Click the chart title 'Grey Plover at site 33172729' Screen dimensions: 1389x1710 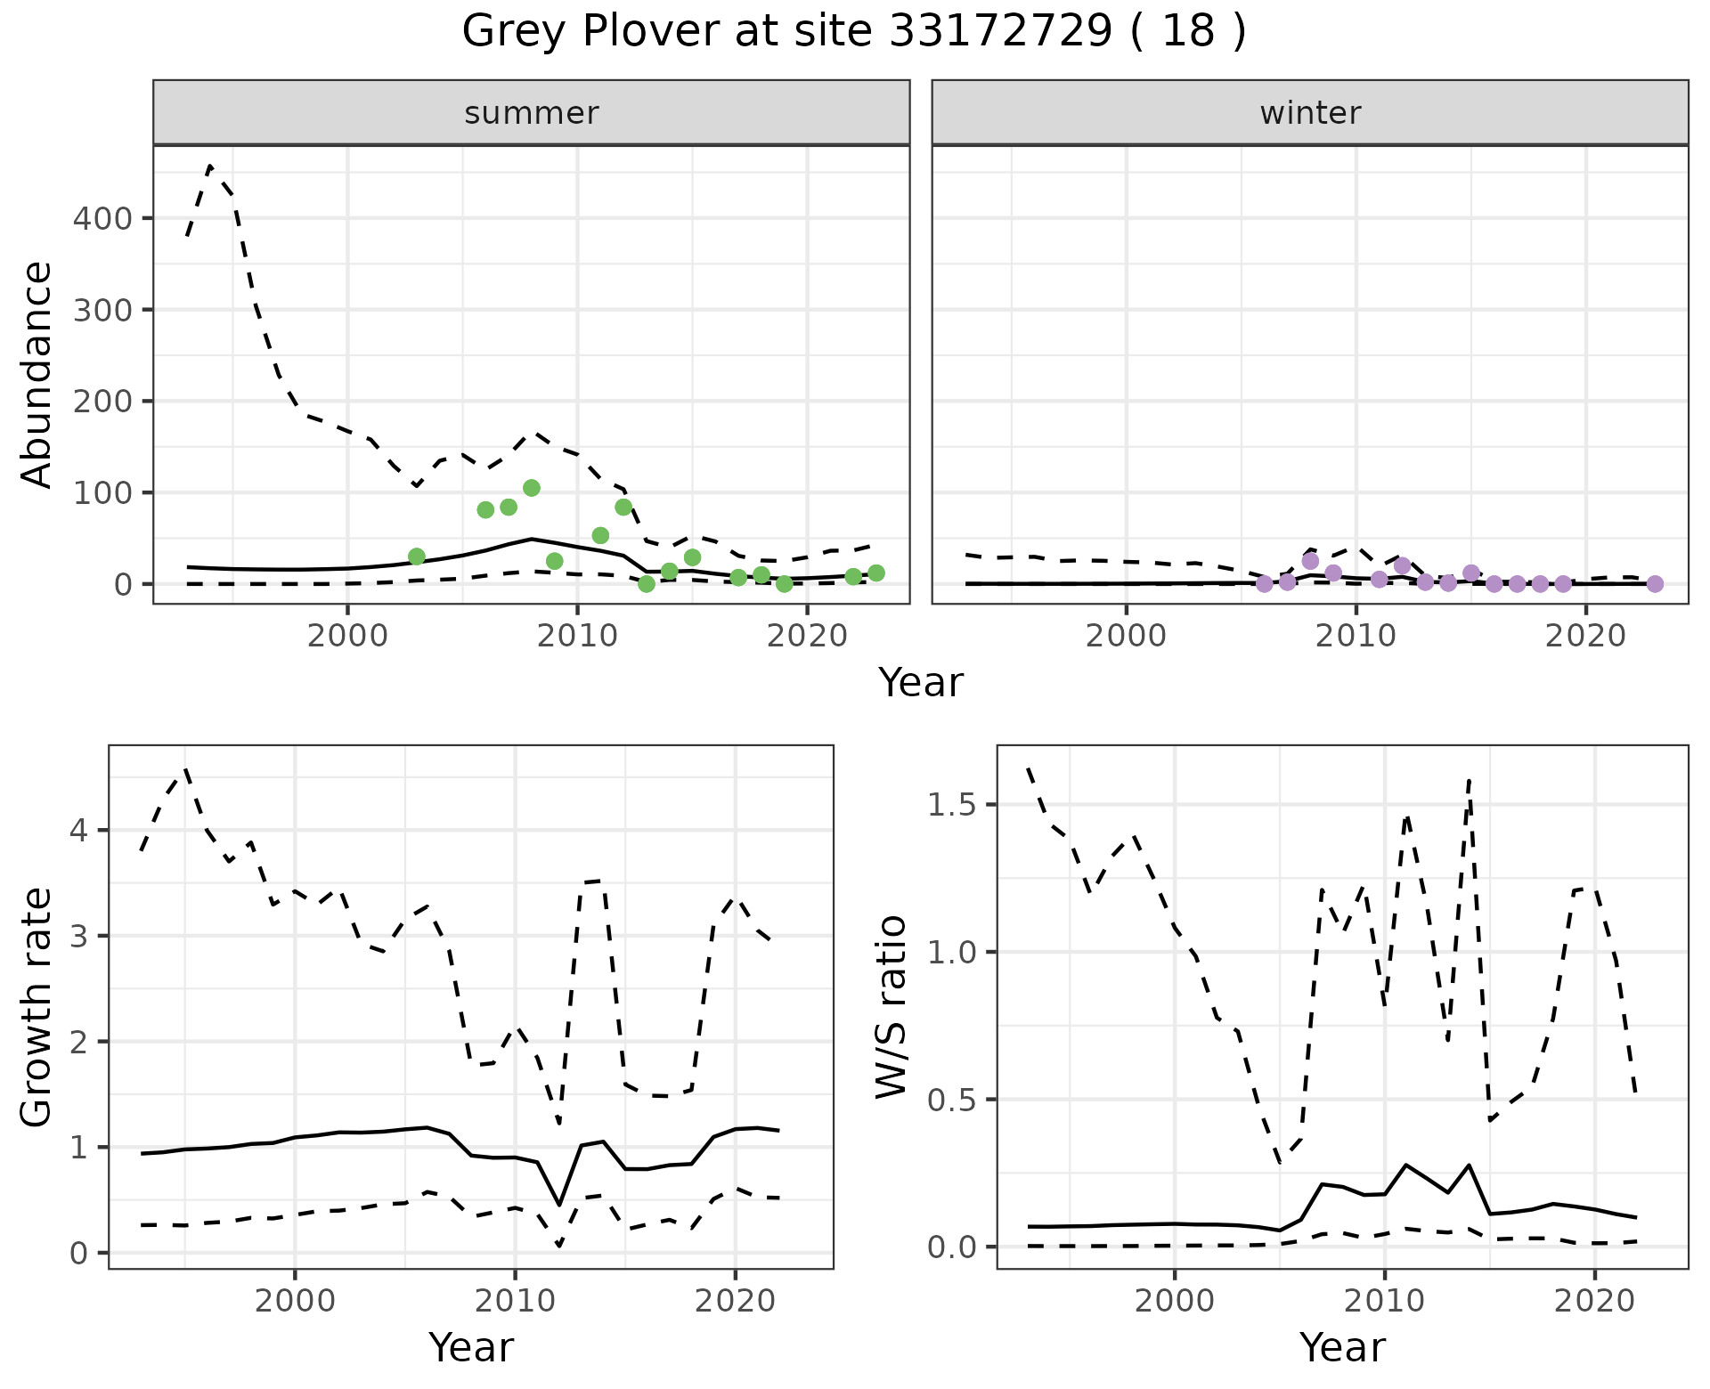(x=853, y=32)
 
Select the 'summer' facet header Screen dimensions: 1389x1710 (x=532, y=113)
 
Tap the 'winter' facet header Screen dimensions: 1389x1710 (x=1310, y=113)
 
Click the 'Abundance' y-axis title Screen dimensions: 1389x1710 (x=37, y=374)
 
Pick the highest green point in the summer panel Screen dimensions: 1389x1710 (x=532, y=488)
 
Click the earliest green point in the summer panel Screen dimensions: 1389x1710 (x=417, y=556)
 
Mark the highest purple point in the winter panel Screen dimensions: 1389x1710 (x=1310, y=561)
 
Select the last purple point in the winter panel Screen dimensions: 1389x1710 (x=1655, y=584)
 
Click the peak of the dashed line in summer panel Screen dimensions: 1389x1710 (x=210, y=166)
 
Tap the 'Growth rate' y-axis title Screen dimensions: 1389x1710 (x=37, y=1008)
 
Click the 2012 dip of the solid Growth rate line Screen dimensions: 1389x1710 (x=559, y=1205)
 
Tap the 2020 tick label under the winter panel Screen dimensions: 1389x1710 (x=1585, y=636)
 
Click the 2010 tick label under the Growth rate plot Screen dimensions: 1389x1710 (x=515, y=1301)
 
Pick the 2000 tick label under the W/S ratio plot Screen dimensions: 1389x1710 (x=1175, y=1301)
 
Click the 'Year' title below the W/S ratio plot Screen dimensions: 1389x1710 (x=1342, y=1348)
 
